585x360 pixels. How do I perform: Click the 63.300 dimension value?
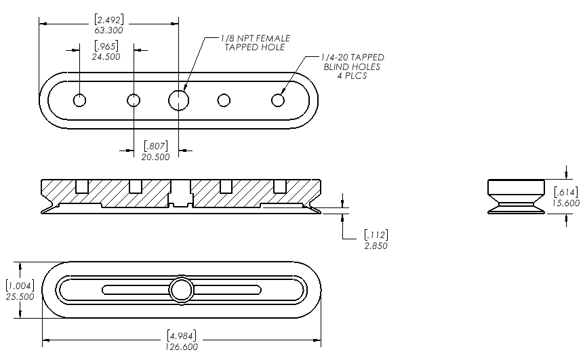coord(108,31)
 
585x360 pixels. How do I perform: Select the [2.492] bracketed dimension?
coord(108,20)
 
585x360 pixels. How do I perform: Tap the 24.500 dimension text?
coord(106,57)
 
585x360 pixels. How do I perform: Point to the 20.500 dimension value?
coord(156,157)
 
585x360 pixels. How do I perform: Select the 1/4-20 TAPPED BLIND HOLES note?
coord(352,66)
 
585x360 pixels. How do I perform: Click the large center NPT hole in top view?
coord(179,100)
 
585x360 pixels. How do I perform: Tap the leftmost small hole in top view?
coord(79,100)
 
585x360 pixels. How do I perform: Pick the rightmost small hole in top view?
coord(278,100)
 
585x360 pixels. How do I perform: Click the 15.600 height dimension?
coord(566,203)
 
